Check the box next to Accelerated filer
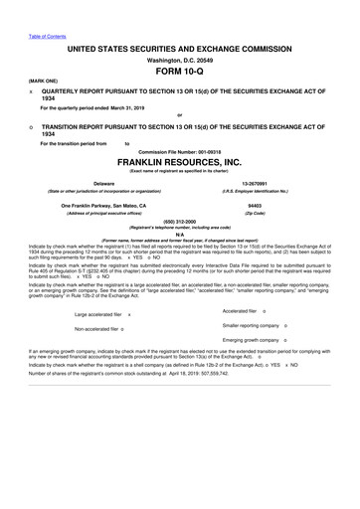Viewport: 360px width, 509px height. pyautogui.click(x=275, y=338)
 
